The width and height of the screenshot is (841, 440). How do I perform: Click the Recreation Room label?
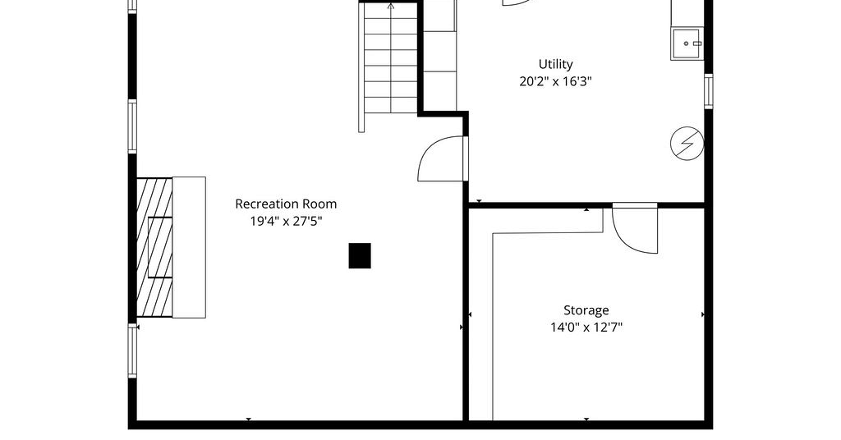286,204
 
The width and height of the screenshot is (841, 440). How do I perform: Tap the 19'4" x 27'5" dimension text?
286,221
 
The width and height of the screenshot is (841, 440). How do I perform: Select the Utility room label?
556,64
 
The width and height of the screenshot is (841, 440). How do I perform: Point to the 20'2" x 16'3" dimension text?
556,81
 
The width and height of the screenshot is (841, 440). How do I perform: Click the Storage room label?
586,310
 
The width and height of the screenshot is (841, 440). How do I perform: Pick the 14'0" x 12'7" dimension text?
586,327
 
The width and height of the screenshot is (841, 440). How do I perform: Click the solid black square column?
360,255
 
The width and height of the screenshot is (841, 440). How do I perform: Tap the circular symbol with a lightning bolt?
687,144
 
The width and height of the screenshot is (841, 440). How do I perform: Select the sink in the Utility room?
687,44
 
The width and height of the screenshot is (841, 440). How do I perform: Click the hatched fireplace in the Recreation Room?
154,247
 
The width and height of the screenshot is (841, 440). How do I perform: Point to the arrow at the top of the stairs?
391,7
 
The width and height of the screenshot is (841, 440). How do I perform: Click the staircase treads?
391,58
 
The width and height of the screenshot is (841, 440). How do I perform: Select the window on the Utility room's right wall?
709,91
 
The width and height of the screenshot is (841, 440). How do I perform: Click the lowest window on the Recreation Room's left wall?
132,351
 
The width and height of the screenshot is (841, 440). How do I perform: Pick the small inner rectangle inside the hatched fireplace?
160,247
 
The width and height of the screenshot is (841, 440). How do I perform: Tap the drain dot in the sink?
686,44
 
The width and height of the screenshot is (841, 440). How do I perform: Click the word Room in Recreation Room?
319,204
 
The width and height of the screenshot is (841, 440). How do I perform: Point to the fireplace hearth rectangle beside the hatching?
190,247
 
